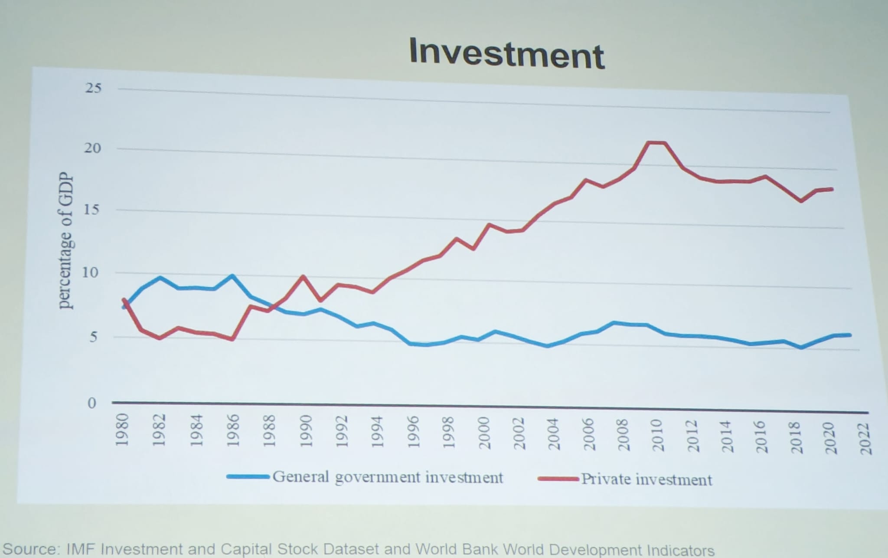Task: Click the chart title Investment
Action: point(506,54)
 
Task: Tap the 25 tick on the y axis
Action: point(93,88)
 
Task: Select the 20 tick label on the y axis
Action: point(92,148)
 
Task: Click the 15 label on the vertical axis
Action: point(92,210)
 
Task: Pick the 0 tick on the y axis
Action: point(91,403)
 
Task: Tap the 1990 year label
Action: point(306,431)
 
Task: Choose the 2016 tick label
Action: point(762,437)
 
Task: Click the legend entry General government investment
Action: point(387,477)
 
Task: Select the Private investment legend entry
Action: point(646,480)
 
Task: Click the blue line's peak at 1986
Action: point(232,276)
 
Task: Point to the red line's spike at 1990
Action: point(303,276)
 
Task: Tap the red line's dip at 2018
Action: point(801,201)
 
